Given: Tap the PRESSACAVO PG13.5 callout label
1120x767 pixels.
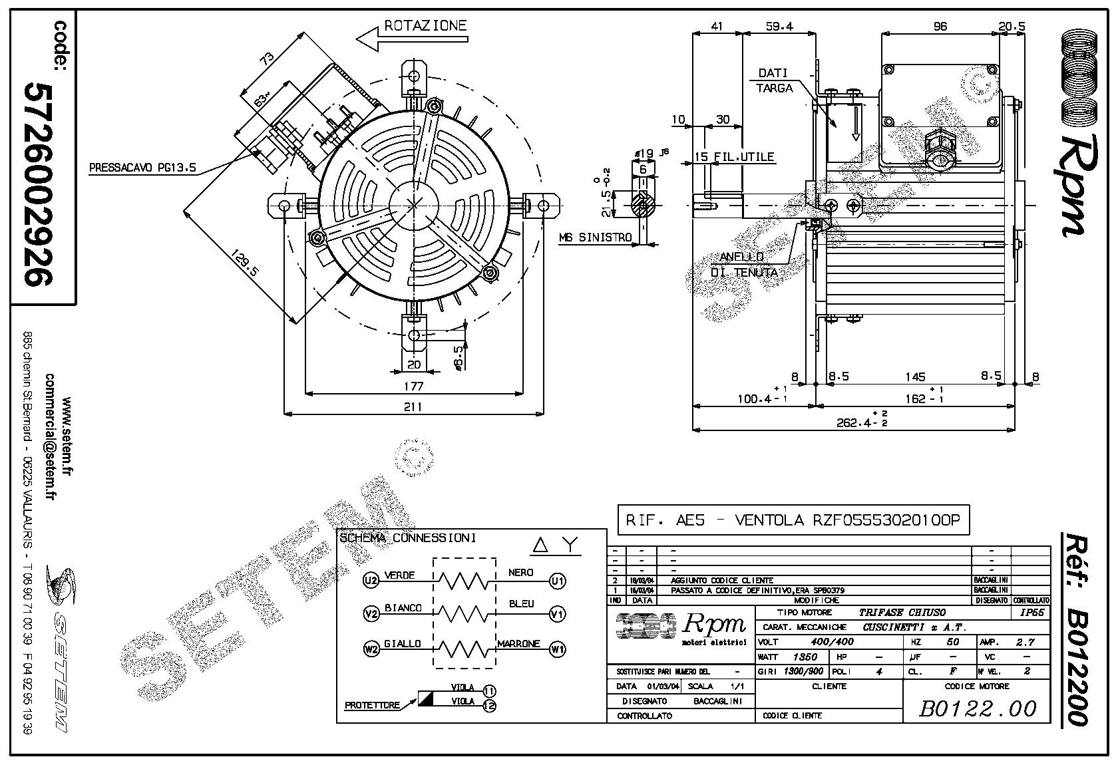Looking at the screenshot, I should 142,168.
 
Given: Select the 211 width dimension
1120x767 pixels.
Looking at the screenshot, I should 413,406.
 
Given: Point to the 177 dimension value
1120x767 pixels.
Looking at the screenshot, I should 413,386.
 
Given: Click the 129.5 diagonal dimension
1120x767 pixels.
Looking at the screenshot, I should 246,263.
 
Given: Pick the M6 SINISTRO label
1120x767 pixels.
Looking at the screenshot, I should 595,237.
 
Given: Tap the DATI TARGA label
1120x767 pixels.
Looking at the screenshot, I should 775,80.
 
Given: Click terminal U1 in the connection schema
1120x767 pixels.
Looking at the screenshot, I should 557,581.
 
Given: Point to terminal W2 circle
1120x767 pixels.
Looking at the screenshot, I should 371,647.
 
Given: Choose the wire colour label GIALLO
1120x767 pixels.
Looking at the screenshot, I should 403,644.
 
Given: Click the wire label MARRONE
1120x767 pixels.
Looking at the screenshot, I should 518,644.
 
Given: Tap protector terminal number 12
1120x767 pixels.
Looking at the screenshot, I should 489,706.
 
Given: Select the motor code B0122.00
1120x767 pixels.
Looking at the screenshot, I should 978,709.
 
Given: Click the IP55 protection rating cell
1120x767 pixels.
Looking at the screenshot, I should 1031,613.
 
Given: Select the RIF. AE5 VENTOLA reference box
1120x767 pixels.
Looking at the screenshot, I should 793,520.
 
